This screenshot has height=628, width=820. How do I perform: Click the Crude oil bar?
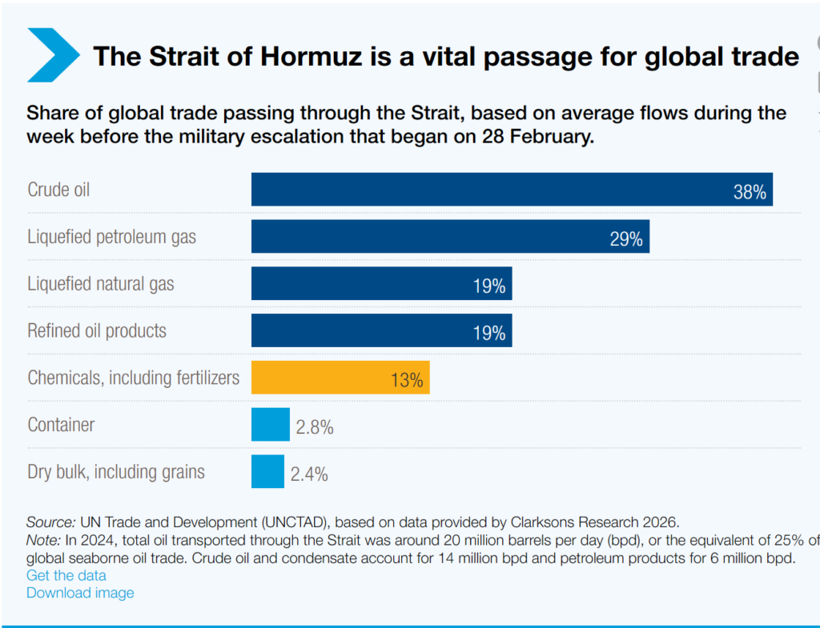click(512, 190)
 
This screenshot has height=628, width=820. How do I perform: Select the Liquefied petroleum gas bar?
click(450, 237)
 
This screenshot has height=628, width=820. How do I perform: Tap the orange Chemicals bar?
click(340, 378)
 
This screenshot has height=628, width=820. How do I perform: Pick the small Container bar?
click(270, 425)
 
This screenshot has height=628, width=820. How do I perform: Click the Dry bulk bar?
click(267, 472)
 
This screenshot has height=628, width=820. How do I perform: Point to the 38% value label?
click(750, 192)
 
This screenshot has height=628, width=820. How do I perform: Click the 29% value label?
click(626, 239)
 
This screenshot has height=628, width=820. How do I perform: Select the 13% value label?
click(407, 380)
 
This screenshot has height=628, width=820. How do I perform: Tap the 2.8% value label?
click(314, 427)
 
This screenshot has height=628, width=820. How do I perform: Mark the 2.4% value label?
click(309, 474)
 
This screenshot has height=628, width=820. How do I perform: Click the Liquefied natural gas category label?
click(101, 284)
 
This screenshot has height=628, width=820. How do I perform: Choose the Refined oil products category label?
click(97, 331)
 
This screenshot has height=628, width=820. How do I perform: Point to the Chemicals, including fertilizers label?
click(134, 378)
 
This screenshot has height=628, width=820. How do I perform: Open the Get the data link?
click(66, 575)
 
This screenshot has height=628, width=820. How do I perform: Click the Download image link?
click(80, 593)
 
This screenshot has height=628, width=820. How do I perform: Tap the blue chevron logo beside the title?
click(53, 54)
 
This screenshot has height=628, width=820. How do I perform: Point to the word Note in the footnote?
click(42, 539)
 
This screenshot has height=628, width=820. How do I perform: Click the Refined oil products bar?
click(381, 330)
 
